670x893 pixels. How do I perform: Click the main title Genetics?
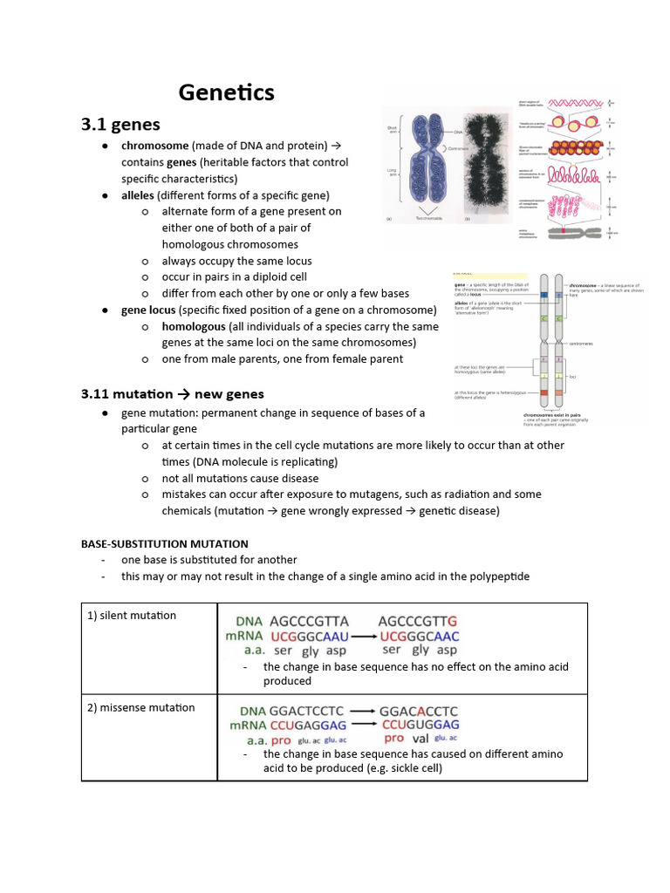pos(226,92)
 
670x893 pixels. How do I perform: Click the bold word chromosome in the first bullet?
pos(154,146)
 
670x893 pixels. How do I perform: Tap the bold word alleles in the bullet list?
pos(138,195)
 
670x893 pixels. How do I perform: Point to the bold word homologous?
pos(193,326)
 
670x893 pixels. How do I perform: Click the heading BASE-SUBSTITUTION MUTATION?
pos(165,543)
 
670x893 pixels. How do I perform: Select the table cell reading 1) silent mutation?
pos(132,616)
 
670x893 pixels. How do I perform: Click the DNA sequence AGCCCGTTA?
pos(309,622)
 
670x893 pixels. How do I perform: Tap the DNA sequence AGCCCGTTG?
pos(418,622)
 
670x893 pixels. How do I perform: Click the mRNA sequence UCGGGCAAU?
pos(310,637)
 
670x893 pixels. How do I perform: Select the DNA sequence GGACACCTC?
pos(420,711)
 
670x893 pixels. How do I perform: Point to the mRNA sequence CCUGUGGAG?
pos(420,725)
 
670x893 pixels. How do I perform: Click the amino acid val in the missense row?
pos(420,739)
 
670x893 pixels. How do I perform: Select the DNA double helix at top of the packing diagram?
pos(572,104)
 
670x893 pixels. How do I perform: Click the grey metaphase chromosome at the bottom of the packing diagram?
pos(571,233)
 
